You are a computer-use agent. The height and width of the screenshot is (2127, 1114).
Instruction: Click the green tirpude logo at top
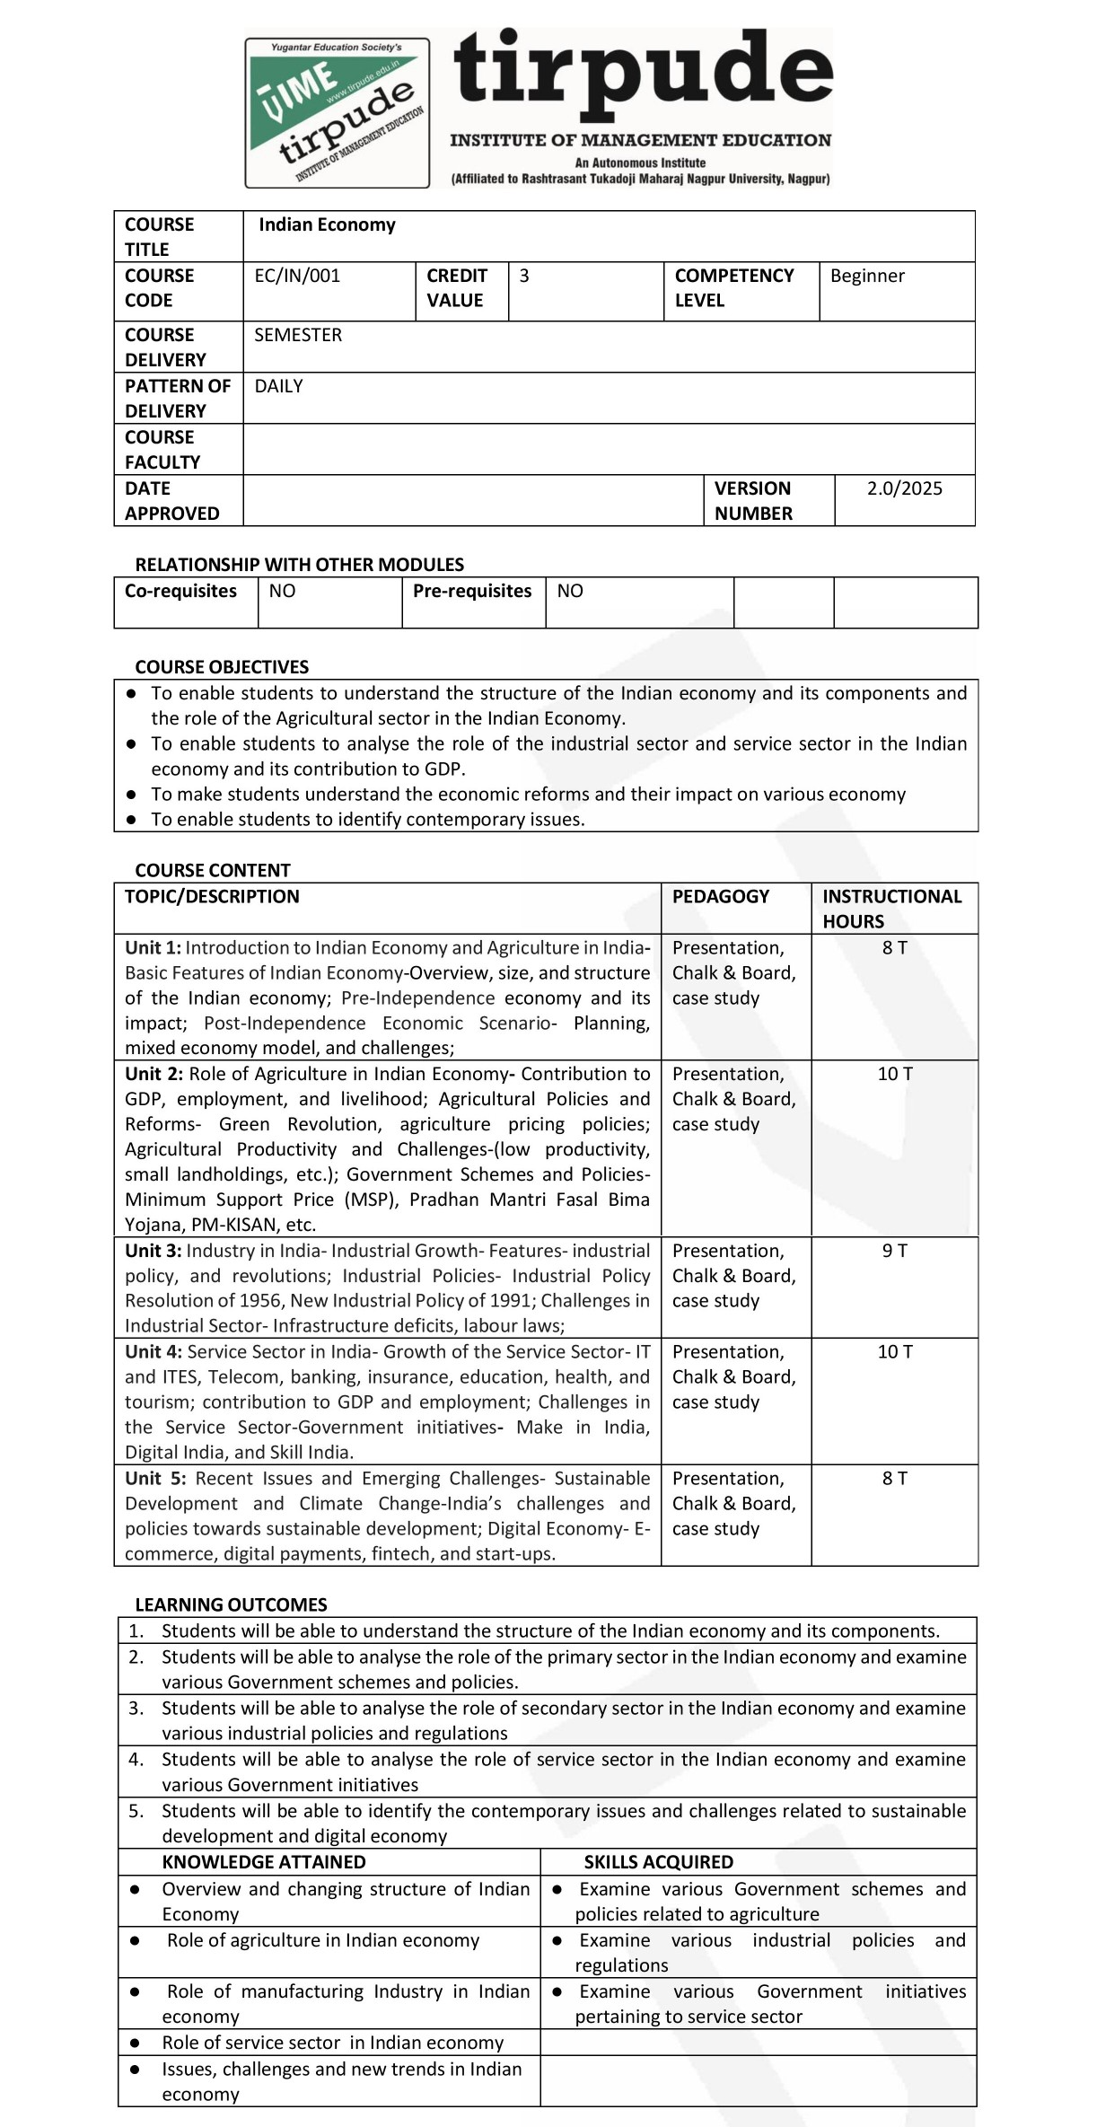pos(337,112)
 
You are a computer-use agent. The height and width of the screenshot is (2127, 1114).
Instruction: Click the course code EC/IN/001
pos(297,276)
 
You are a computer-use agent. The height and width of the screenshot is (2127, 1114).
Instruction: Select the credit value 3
pos(524,276)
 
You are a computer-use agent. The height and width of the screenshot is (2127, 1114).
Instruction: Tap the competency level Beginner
pos(867,276)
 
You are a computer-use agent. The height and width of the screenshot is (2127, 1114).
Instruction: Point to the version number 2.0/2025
pos(904,488)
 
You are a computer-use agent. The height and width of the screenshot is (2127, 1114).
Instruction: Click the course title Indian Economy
pos(327,224)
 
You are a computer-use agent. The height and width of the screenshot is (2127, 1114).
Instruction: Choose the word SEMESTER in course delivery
pos(298,335)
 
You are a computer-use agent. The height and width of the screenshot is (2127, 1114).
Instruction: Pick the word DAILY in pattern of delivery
pos(278,386)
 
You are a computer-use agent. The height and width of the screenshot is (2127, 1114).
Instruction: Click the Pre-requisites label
pos(472,591)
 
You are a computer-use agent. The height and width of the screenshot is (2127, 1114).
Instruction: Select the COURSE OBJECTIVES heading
pos(222,667)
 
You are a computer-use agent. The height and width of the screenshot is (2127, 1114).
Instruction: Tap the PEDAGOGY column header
pos(721,896)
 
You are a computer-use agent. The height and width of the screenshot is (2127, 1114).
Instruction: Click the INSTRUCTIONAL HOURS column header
pos(891,908)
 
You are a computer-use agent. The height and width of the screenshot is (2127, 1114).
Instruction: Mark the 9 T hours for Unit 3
pos(894,1251)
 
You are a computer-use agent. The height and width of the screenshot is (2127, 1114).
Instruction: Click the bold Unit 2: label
pos(154,1074)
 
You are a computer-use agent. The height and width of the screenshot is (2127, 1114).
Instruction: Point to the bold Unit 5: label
pos(155,1479)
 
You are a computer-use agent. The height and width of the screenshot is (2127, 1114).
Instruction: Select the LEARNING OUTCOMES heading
pos(231,1604)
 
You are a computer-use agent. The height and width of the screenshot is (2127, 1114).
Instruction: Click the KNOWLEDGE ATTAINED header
pos(264,1862)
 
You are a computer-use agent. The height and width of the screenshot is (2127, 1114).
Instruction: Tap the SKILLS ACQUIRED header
pos(658,1862)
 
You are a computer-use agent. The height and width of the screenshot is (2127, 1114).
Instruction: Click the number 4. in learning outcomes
pos(136,1759)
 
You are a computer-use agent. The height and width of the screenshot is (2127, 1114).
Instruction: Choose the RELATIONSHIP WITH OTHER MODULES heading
pos(300,565)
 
